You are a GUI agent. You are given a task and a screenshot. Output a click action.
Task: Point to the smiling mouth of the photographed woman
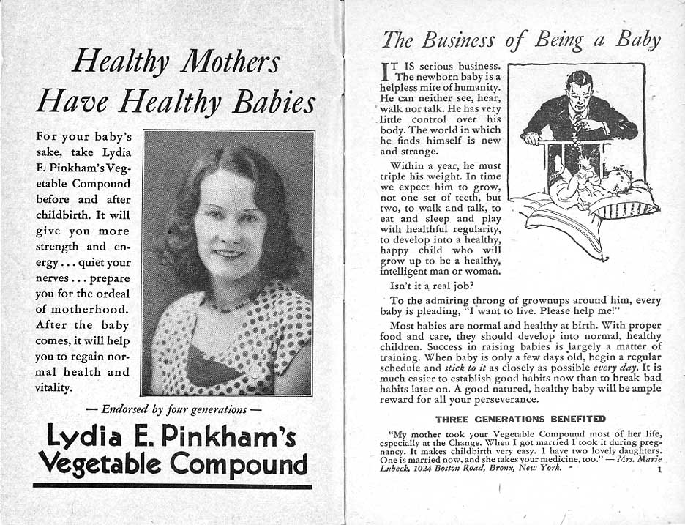coord(229,253)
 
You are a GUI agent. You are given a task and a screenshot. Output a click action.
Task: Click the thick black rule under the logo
coord(172,485)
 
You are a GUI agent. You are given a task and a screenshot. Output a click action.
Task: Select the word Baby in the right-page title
coord(637,39)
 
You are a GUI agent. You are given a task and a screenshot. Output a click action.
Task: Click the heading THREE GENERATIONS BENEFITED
coord(520,419)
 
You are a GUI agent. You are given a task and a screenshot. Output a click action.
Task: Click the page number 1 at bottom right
coord(659,470)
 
